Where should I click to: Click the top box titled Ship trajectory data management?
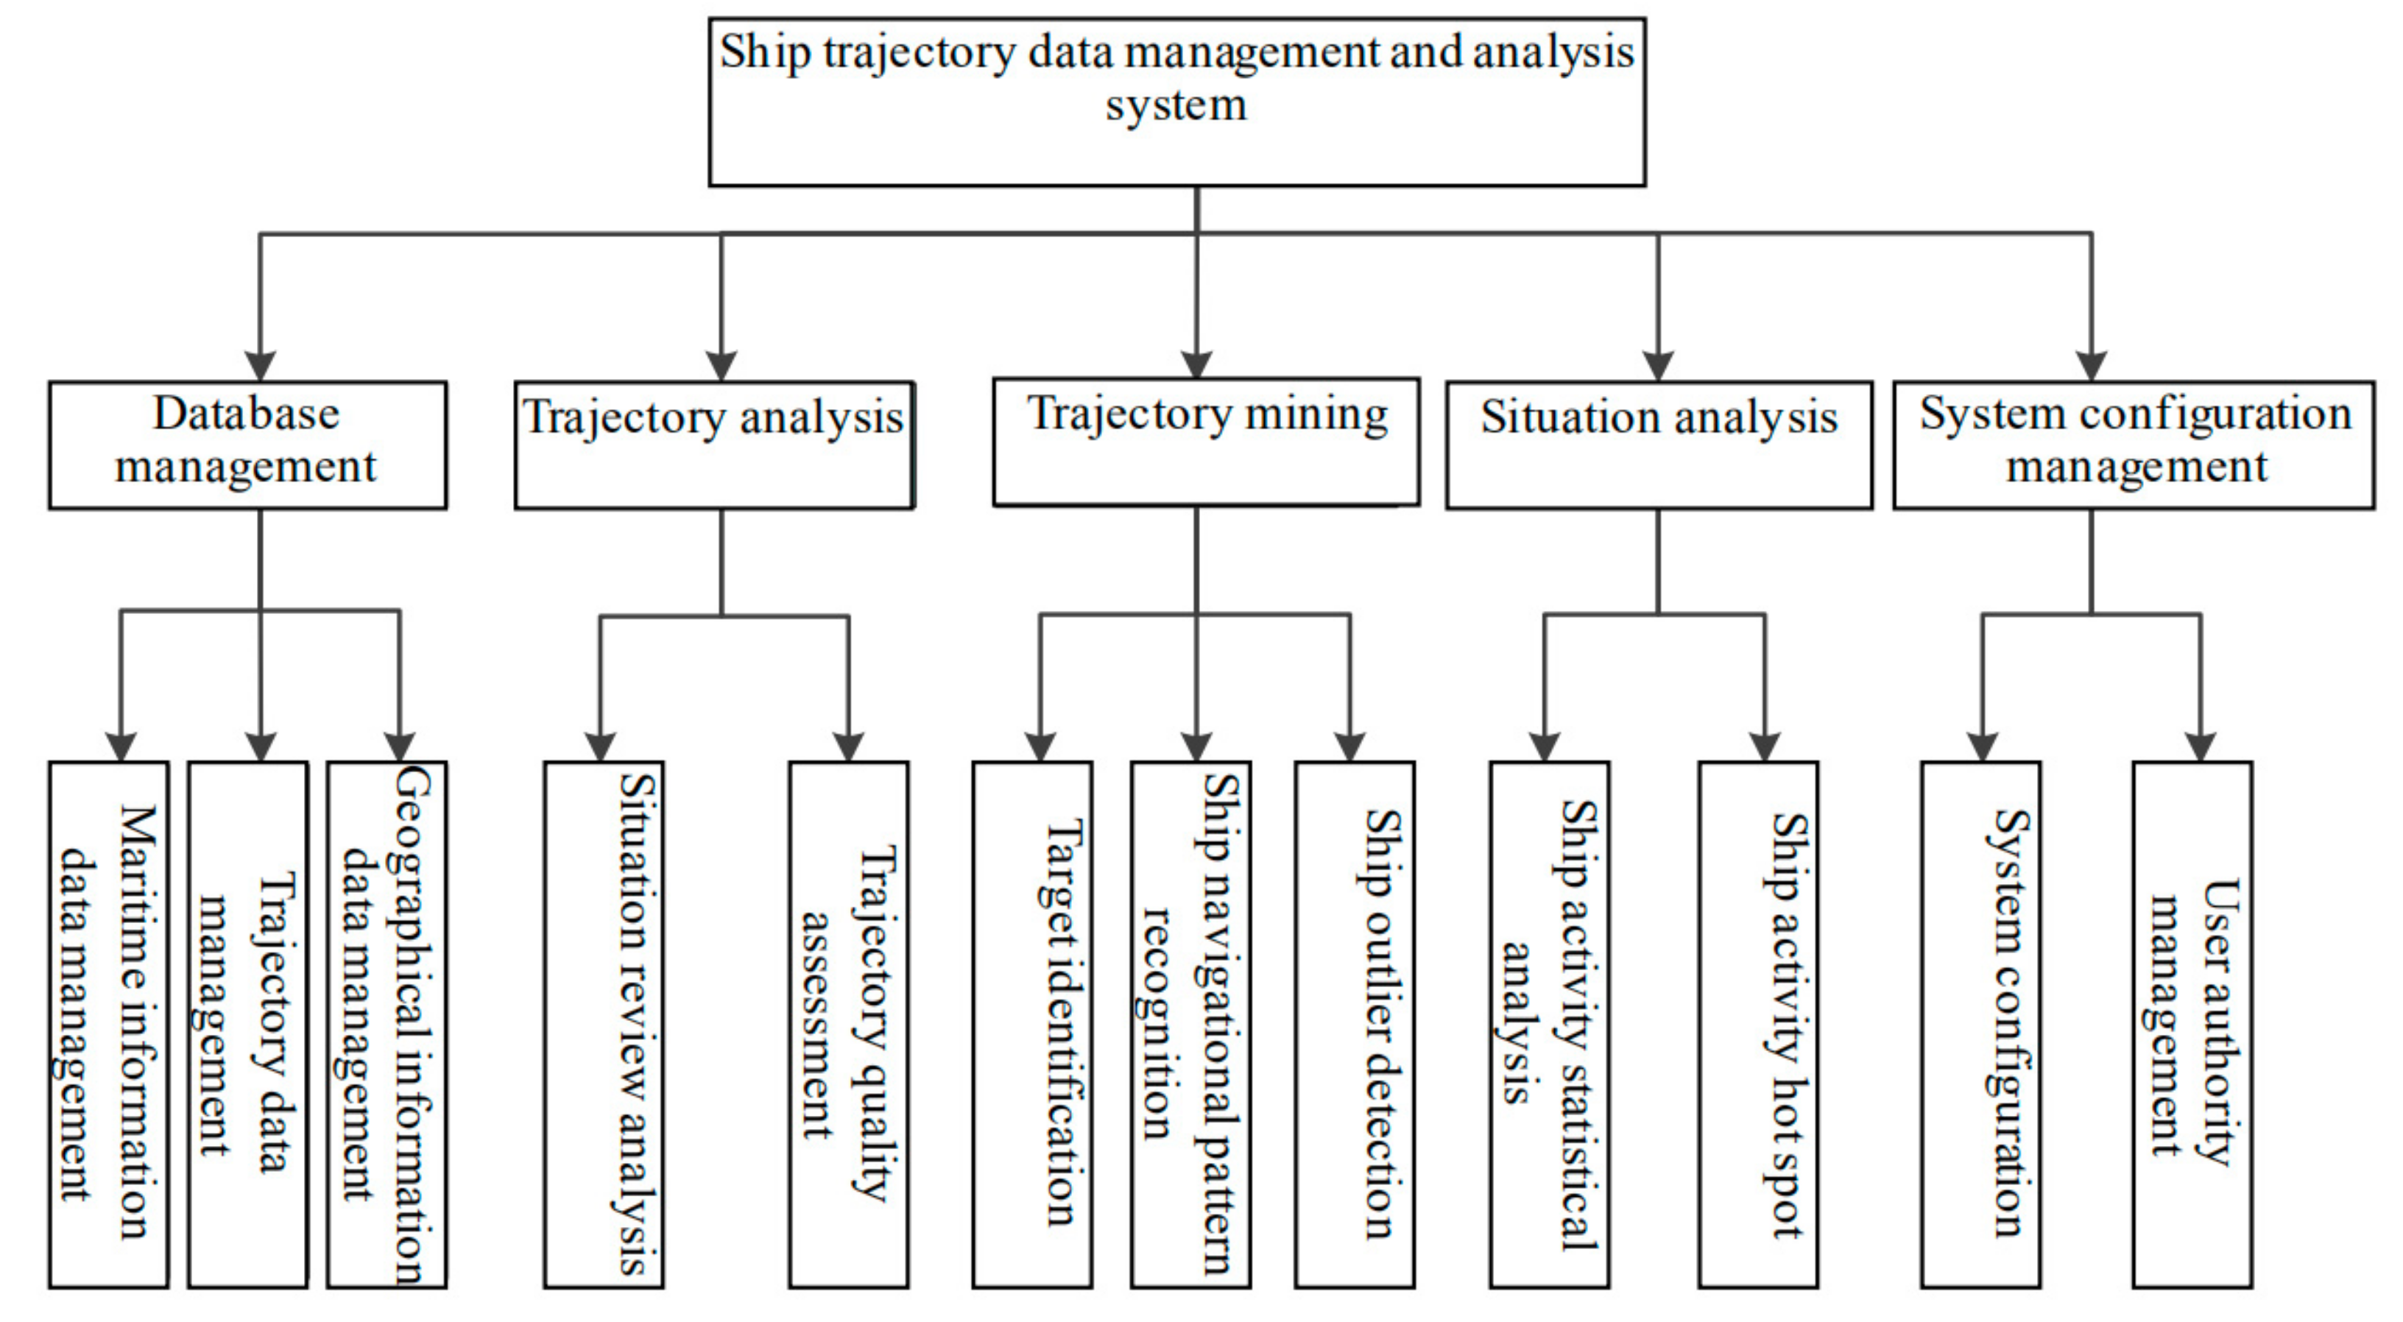click(1176, 102)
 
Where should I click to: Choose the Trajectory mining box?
click(1205, 442)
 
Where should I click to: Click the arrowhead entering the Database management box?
click(261, 366)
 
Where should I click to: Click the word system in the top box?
click(1176, 105)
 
